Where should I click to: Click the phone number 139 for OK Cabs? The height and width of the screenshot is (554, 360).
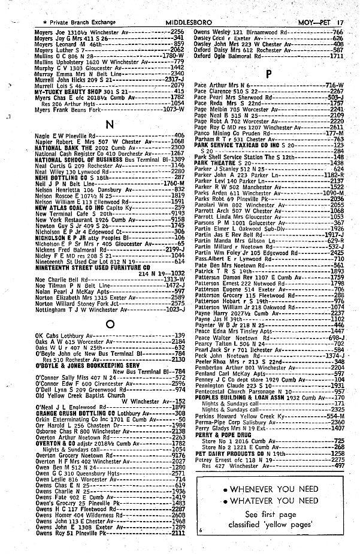[x=179, y=335]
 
